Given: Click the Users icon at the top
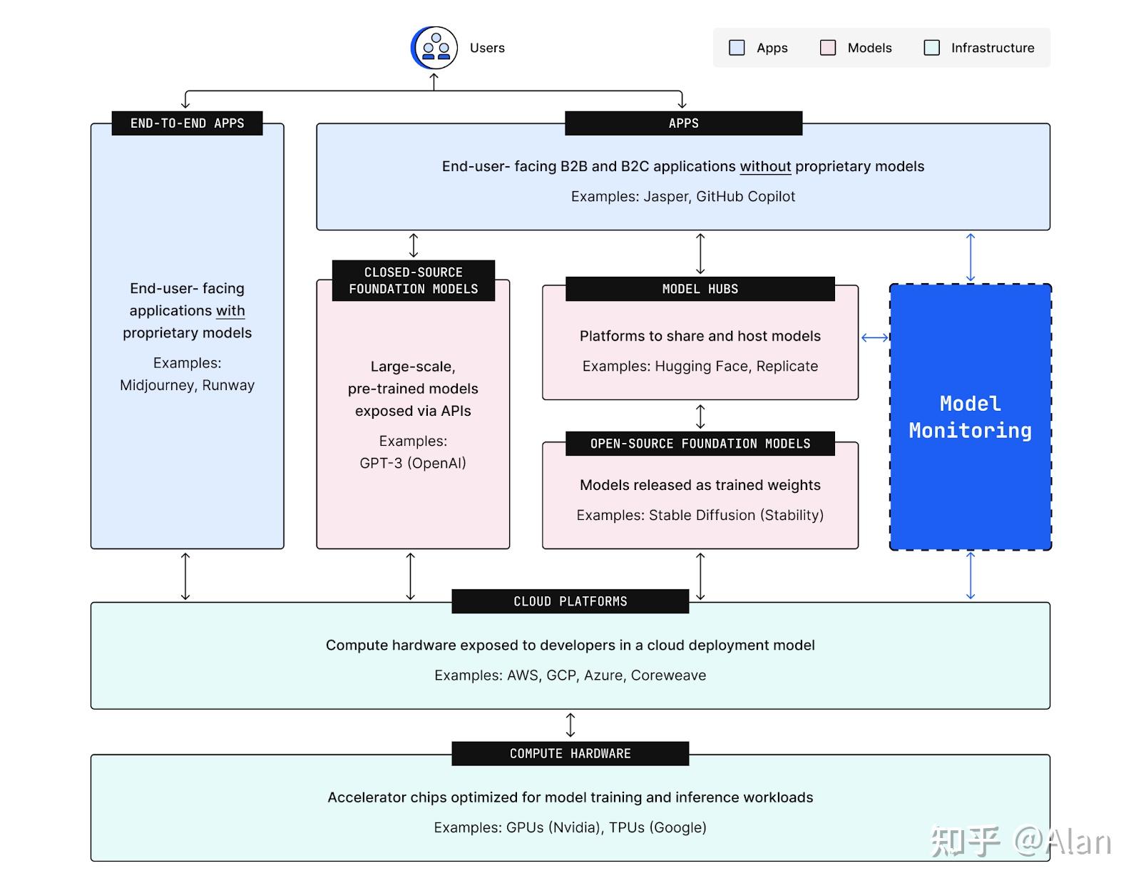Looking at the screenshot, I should point(434,48).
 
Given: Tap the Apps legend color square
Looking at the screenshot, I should point(737,48).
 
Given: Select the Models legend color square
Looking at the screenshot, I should point(827,48).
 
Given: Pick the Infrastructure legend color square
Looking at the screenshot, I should point(931,48).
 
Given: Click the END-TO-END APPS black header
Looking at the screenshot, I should point(187,123).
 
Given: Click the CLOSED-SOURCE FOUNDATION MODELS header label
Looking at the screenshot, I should point(413,280).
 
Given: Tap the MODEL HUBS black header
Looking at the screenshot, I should point(700,289).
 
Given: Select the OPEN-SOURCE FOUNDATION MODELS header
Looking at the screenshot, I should point(700,444).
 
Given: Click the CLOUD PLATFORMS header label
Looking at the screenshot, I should point(570,601).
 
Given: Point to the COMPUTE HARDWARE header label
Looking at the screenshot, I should point(570,754).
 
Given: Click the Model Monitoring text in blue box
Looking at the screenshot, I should point(970,417).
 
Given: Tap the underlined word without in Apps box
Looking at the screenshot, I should point(765,166).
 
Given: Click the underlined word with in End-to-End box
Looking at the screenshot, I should point(230,311).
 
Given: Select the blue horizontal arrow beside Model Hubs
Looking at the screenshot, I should point(874,337).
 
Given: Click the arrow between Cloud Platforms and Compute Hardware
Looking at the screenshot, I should point(570,725).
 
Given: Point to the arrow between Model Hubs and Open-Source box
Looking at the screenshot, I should point(700,416).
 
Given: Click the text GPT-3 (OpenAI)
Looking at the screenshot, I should point(412,463).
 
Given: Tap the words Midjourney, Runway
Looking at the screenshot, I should point(187,385).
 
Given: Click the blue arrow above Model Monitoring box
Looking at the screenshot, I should point(970,257).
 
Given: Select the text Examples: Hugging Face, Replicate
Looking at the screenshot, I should point(700,367).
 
